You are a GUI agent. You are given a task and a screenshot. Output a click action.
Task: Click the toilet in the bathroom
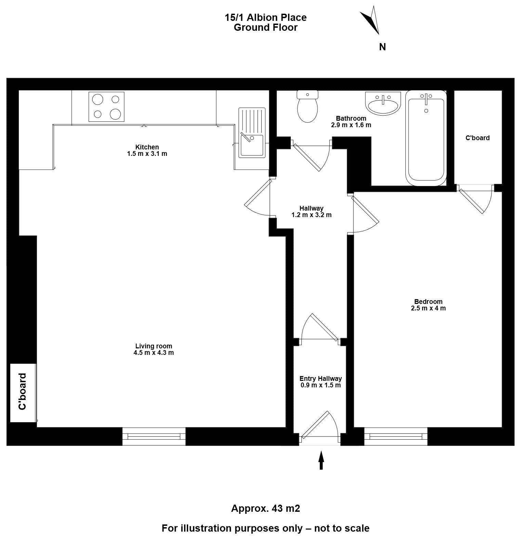(x=308, y=106)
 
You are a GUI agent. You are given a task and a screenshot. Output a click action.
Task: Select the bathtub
(x=426, y=138)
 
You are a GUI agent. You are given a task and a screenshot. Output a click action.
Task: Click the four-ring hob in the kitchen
(x=106, y=106)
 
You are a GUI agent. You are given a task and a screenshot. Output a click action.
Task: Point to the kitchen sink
(x=251, y=132)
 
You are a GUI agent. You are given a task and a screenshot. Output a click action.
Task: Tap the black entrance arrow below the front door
(x=321, y=460)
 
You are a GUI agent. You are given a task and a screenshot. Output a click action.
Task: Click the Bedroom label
(x=428, y=302)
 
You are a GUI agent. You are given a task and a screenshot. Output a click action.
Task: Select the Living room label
(x=154, y=346)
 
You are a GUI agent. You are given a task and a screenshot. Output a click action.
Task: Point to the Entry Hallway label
(x=321, y=378)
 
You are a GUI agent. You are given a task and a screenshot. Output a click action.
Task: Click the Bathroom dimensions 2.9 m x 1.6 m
(x=351, y=125)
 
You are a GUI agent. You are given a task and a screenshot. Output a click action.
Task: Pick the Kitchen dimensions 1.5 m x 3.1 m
(x=147, y=154)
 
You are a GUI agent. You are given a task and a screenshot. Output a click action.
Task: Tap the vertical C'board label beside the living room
(x=23, y=391)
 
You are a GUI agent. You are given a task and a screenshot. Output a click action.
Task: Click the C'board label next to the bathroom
(x=478, y=138)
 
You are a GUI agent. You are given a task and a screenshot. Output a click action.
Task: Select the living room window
(x=154, y=437)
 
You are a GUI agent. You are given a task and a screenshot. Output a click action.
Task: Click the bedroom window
(x=396, y=437)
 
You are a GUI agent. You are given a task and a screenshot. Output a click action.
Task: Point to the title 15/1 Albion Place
(x=265, y=17)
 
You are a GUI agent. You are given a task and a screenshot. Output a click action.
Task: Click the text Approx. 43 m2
(x=266, y=509)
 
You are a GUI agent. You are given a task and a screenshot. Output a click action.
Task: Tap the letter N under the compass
(x=382, y=47)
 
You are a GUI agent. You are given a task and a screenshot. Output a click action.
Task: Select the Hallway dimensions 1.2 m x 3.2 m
(x=311, y=215)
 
